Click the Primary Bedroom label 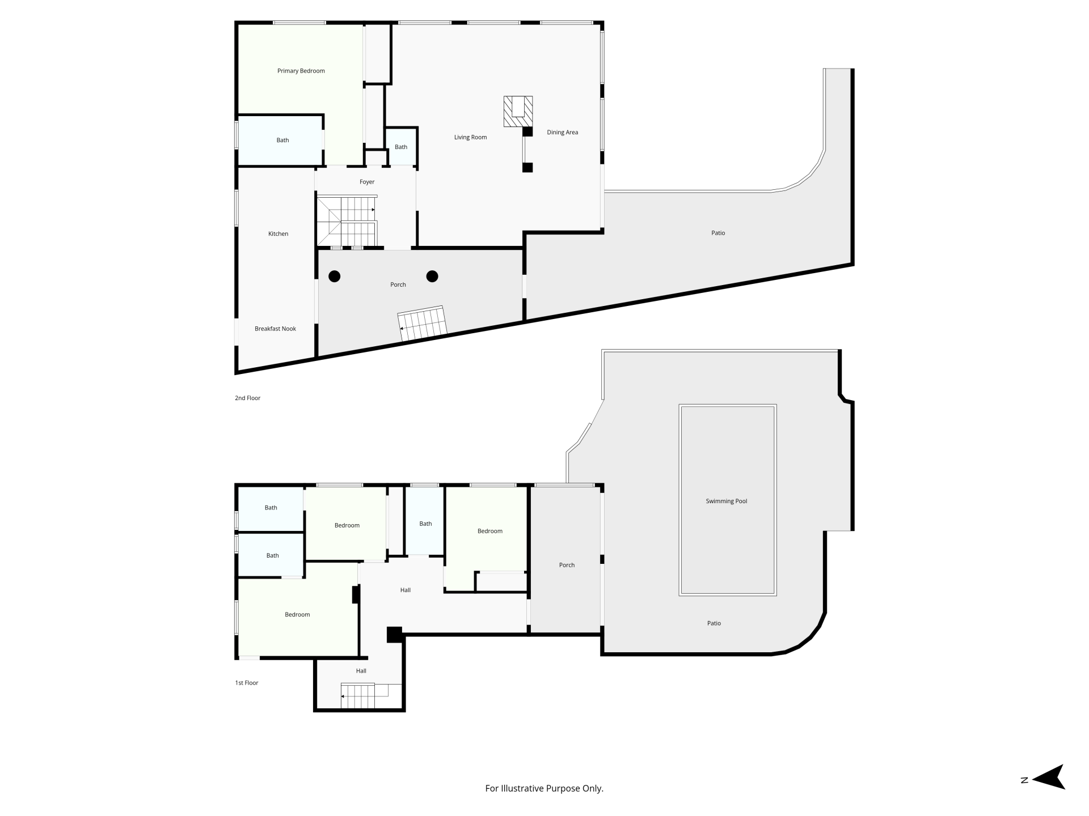pyautogui.click(x=301, y=71)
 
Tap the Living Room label pyautogui.click(x=470, y=137)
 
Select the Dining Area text pyautogui.click(x=562, y=132)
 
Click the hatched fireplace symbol pyautogui.click(x=518, y=111)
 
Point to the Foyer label pyautogui.click(x=367, y=182)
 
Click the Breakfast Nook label pyautogui.click(x=275, y=329)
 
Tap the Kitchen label pyautogui.click(x=278, y=233)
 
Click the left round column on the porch pyautogui.click(x=335, y=277)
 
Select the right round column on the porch pyautogui.click(x=432, y=277)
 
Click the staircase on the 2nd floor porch pyautogui.click(x=423, y=324)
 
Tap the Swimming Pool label pyautogui.click(x=726, y=501)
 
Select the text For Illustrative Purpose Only pyautogui.click(x=544, y=788)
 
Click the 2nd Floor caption pyautogui.click(x=247, y=398)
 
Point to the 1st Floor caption pyautogui.click(x=247, y=683)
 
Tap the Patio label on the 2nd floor pyautogui.click(x=718, y=233)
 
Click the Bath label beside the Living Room pyautogui.click(x=401, y=147)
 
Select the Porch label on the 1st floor pyautogui.click(x=567, y=565)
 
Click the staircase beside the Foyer pyautogui.click(x=347, y=221)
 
